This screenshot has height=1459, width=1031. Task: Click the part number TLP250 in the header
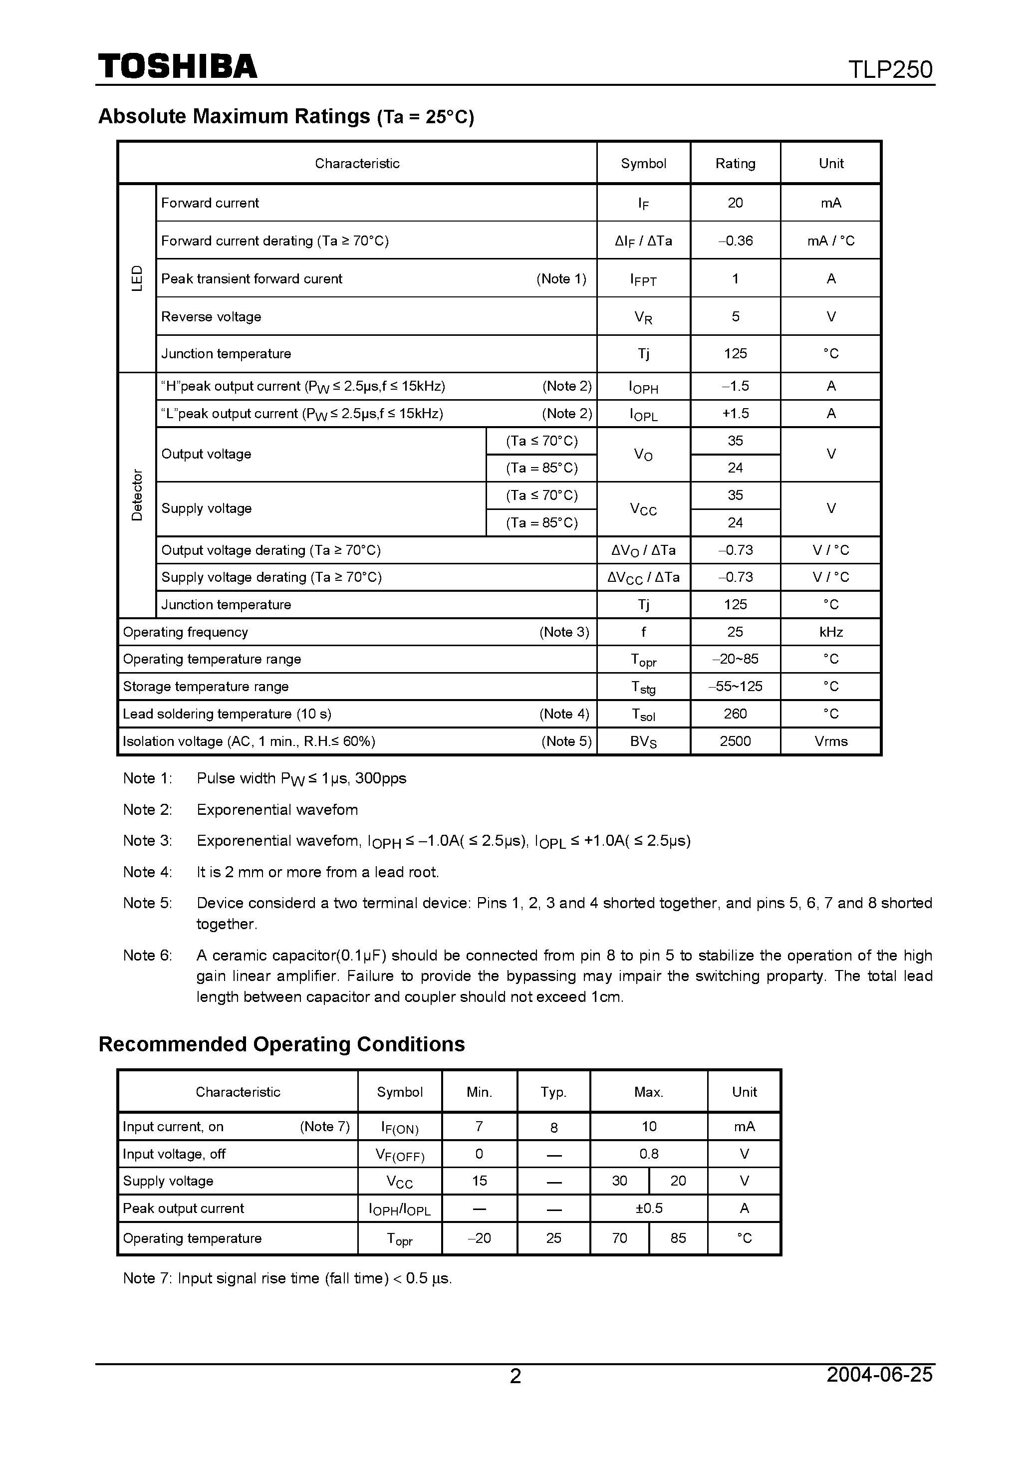tap(890, 69)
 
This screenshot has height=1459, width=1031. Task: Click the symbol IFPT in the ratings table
tap(643, 279)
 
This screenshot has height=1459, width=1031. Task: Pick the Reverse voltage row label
tap(211, 316)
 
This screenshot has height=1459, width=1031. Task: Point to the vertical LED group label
tap(137, 278)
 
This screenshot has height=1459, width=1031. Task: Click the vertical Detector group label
tap(137, 495)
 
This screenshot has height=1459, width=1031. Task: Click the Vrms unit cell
tap(831, 741)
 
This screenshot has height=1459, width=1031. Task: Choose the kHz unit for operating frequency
tap(831, 632)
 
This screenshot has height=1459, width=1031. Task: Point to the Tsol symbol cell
tap(643, 714)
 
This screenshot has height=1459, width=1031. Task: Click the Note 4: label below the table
tap(148, 872)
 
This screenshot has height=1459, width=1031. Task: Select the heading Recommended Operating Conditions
tap(281, 1044)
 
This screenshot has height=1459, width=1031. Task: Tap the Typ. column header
tap(553, 1092)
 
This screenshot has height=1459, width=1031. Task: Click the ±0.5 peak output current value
tap(648, 1208)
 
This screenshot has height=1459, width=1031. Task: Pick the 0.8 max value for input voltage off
tap(648, 1153)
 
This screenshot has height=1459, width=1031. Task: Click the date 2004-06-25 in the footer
tap(879, 1373)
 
